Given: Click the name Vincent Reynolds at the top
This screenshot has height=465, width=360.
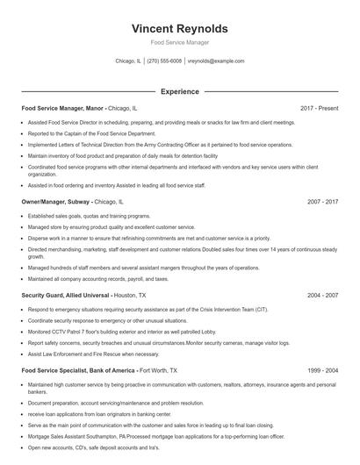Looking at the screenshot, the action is click(x=179, y=27).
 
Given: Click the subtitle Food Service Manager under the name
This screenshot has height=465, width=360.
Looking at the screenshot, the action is click(x=179, y=42).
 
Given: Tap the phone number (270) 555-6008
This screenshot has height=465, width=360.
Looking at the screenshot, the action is click(x=165, y=61).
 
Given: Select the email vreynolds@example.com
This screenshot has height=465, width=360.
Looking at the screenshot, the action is click(x=217, y=61).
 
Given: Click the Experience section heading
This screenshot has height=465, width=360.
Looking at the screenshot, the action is click(x=179, y=91).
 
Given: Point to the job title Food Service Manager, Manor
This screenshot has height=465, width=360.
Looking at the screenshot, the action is click(x=62, y=108).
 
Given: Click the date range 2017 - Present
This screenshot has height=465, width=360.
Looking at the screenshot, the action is click(x=319, y=108).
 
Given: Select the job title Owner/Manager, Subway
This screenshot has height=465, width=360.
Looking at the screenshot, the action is click(x=55, y=202).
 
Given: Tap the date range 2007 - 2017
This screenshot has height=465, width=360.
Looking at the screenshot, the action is click(x=322, y=202).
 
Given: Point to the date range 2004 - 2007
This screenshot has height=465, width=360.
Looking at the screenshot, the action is click(x=322, y=296).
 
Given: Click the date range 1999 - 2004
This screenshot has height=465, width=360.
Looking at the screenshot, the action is click(x=322, y=371).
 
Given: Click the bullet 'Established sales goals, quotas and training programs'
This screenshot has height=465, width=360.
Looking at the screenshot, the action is click(x=90, y=216).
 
